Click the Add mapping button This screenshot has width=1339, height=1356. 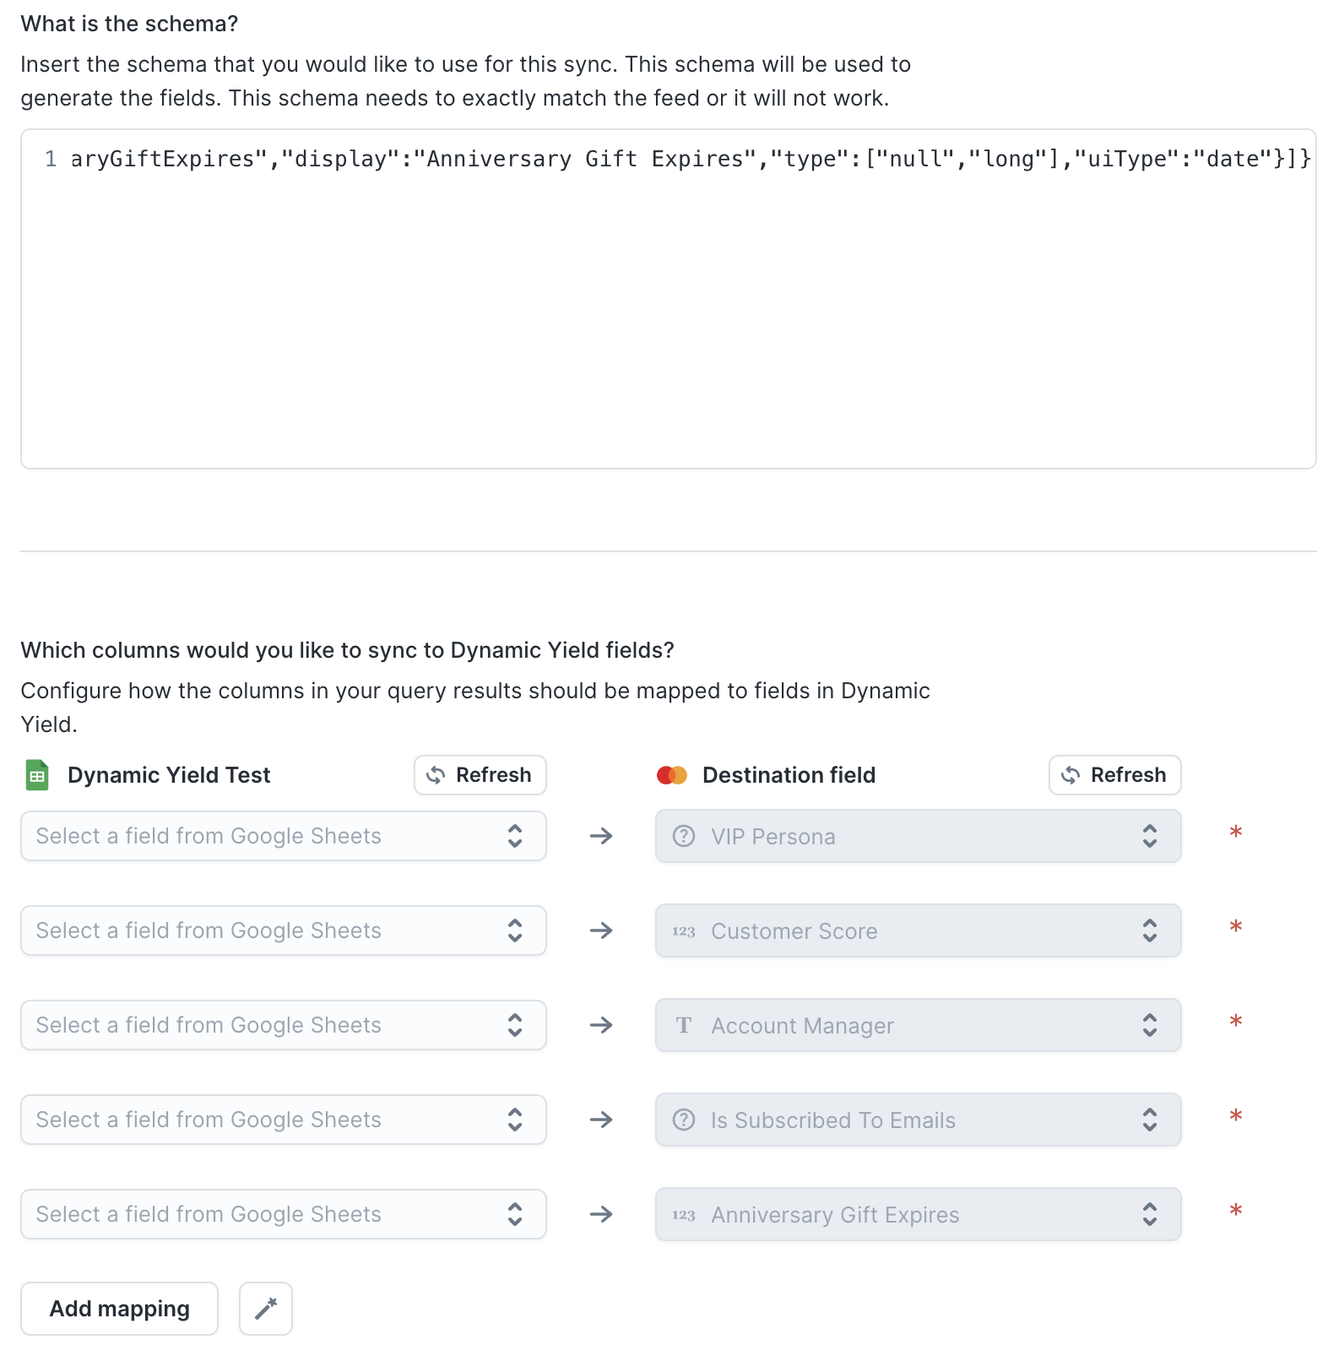point(119,1309)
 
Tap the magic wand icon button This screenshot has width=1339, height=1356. point(266,1309)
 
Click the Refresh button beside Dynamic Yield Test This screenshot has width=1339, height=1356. point(480,775)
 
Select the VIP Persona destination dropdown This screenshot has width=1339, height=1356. point(918,836)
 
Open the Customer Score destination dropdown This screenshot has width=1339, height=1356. point(918,930)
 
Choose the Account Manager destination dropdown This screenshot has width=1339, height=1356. point(918,1025)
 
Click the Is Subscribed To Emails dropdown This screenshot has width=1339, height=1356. point(918,1120)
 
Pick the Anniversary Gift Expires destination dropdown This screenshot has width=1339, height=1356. point(918,1214)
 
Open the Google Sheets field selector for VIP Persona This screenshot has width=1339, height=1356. point(284,836)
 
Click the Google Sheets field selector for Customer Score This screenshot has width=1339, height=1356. point(284,930)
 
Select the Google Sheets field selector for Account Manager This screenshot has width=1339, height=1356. point(284,1025)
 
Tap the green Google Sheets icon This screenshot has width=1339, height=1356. point(37,775)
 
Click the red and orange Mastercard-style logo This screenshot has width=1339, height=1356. point(672,775)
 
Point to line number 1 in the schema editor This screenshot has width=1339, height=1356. point(51,159)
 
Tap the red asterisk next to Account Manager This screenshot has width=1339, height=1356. point(1236,1022)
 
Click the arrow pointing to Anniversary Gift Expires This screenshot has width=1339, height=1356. point(601,1214)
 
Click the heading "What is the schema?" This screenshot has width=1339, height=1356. point(129,24)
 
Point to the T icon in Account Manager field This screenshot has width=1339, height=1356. point(684,1025)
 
